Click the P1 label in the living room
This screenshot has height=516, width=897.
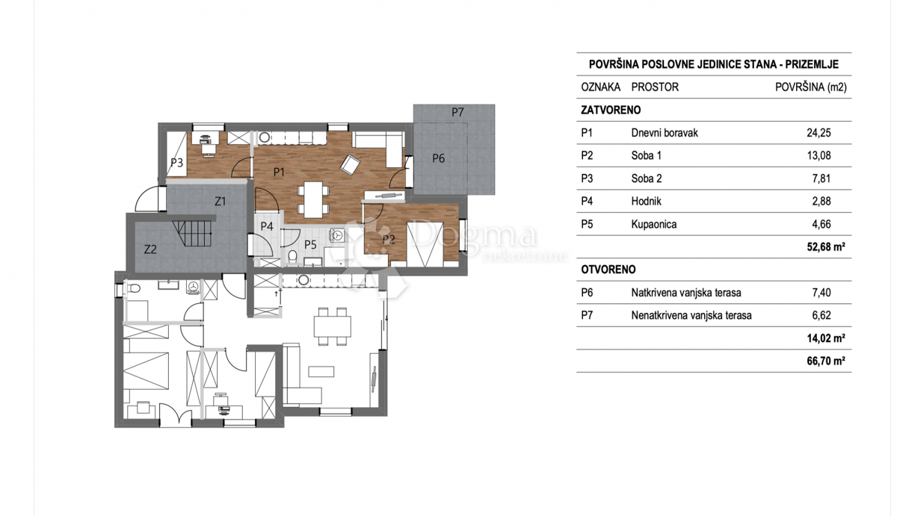(280, 172)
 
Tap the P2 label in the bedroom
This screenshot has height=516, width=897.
(388, 239)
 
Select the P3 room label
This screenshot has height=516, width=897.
(176, 162)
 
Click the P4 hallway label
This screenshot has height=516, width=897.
(267, 226)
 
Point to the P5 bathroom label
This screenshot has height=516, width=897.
(310, 243)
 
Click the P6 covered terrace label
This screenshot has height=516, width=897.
(438, 158)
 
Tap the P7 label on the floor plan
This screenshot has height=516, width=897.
(457, 112)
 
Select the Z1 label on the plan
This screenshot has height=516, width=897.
(221, 201)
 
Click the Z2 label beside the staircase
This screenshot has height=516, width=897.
(150, 249)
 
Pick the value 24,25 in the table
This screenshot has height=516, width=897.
(819, 134)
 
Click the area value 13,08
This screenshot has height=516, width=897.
(819, 156)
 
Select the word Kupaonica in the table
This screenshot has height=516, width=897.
(654, 224)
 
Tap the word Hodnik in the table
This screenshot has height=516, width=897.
(647, 201)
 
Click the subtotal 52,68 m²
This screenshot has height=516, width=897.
(824, 247)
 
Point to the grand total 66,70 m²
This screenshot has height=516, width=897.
(824, 361)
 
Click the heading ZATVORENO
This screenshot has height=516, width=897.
(611, 111)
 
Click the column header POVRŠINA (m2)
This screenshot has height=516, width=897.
(812, 87)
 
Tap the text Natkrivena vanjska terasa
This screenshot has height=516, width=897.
(689, 293)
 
